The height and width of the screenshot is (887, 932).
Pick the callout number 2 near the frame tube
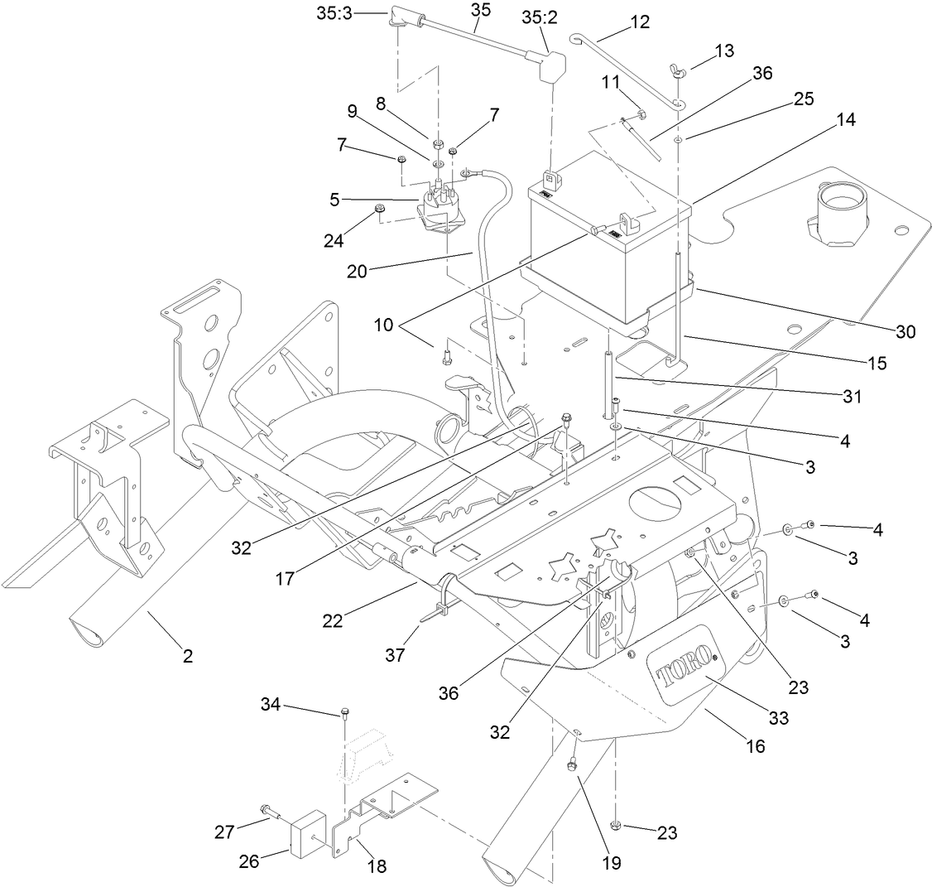pos(188,657)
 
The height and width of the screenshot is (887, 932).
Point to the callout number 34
pos(271,705)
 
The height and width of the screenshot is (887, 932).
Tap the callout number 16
pos(755,746)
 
